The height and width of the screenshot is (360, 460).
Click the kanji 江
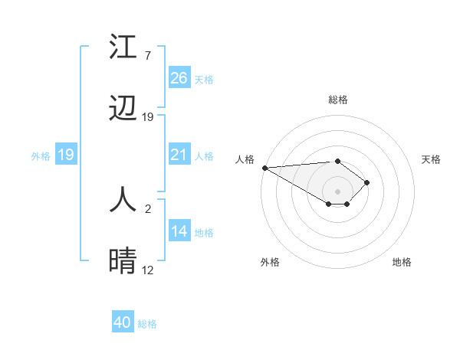123,47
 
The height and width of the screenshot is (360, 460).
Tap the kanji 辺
123,109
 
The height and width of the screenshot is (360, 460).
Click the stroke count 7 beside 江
147,55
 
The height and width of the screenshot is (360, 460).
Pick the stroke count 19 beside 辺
148,117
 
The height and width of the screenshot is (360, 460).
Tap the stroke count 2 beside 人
147,208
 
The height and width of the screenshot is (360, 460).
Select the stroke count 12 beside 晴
148,270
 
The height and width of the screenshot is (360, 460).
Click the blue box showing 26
179,77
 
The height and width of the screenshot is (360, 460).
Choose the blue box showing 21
179,155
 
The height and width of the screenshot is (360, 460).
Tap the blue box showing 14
179,232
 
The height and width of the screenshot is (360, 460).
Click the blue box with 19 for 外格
65,155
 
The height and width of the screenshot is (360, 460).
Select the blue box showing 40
123,322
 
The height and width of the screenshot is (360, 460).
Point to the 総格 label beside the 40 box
147,324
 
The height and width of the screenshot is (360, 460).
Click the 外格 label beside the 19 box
41,156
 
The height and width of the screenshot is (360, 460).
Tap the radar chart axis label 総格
337,100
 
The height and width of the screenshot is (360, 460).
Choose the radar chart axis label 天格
432,159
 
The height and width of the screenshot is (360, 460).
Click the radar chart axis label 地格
402,262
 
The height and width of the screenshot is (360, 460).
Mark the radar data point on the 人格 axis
264,168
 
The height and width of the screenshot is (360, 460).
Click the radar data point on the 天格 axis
368,182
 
